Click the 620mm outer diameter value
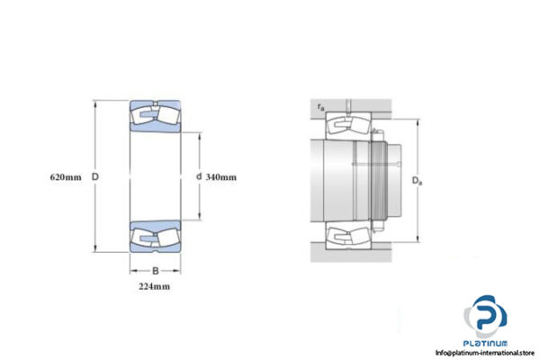[x=67, y=177]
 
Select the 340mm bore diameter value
[x=220, y=177]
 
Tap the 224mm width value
[x=154, y=286]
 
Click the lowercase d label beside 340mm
[x=198, y=177]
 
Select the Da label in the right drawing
[x=417, y=180]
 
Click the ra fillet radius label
[x=320, y=108]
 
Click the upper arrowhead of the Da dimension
[x=418, y=120]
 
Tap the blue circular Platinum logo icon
[x=485, y=318]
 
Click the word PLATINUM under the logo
[x=485, y=343]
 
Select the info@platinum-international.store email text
[x=485, y=353]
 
